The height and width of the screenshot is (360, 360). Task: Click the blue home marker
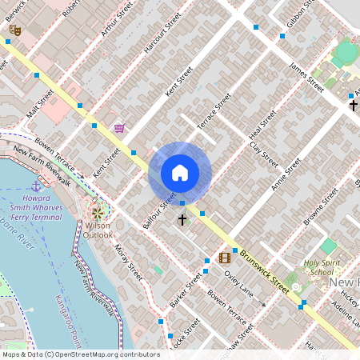pyautogui.click(x=180, y=172)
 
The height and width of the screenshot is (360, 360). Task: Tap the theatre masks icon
pyautogui.click(x=14, y=30)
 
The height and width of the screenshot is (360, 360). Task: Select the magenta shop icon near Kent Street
pyautogui.click(x=119, y=127)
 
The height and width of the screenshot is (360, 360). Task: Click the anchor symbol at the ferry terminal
pyautogui.click(x=35, y=186)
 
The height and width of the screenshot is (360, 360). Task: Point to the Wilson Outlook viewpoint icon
pyautogui.click(x=98, y=214)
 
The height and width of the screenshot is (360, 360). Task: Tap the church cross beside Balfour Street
pyautogui.click(x=182, y=218)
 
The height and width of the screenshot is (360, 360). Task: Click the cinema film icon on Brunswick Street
pyautogui.click(x=224, y=258)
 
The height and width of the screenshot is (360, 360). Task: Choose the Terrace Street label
pyautogui.click(x=214, y=111)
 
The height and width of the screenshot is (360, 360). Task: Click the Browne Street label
pyautogui.click(x=322, y=209)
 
